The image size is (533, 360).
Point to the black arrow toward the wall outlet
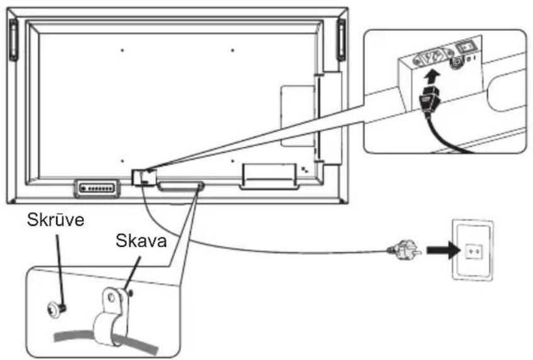[x=439, y=250]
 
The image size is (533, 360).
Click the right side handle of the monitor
[x=341, y=39]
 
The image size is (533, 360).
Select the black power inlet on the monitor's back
[x=143, y=176]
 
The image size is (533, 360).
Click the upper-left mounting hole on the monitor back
[x=122, y=50]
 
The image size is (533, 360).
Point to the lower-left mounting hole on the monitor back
[x=122, y=161]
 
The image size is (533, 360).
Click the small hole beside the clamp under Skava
[x=130, y=291]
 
